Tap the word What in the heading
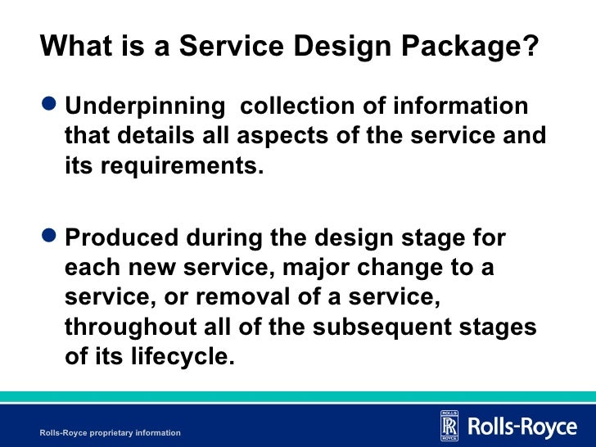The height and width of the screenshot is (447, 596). click(74, 46)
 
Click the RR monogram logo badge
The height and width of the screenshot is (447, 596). click(449, 426)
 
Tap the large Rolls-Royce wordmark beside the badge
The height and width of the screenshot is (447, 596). click(521, 427)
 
